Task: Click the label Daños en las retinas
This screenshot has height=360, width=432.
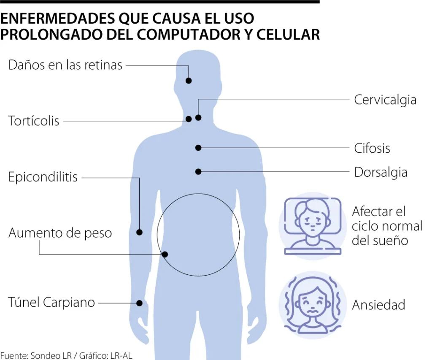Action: [65, 65]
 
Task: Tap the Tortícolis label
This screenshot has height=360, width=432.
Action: [34, 121]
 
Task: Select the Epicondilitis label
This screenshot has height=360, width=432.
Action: [43, 176]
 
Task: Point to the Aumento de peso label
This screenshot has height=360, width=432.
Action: [60, 233]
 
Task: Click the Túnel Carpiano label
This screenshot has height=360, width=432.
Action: [51, 302]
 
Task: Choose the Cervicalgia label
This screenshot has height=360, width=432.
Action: [385, 100]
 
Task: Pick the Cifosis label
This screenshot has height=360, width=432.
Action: [372, 148]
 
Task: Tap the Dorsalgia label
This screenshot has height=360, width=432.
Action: [381, 172]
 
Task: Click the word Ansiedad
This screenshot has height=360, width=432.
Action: [378, 305]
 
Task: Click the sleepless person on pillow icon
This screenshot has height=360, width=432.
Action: [313, 225]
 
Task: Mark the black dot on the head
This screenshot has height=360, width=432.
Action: [189, 81]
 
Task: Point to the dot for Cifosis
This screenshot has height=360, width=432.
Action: [198, 148]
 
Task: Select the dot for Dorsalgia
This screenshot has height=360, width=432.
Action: [198, 171]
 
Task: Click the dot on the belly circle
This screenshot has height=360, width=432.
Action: [165, 254]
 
